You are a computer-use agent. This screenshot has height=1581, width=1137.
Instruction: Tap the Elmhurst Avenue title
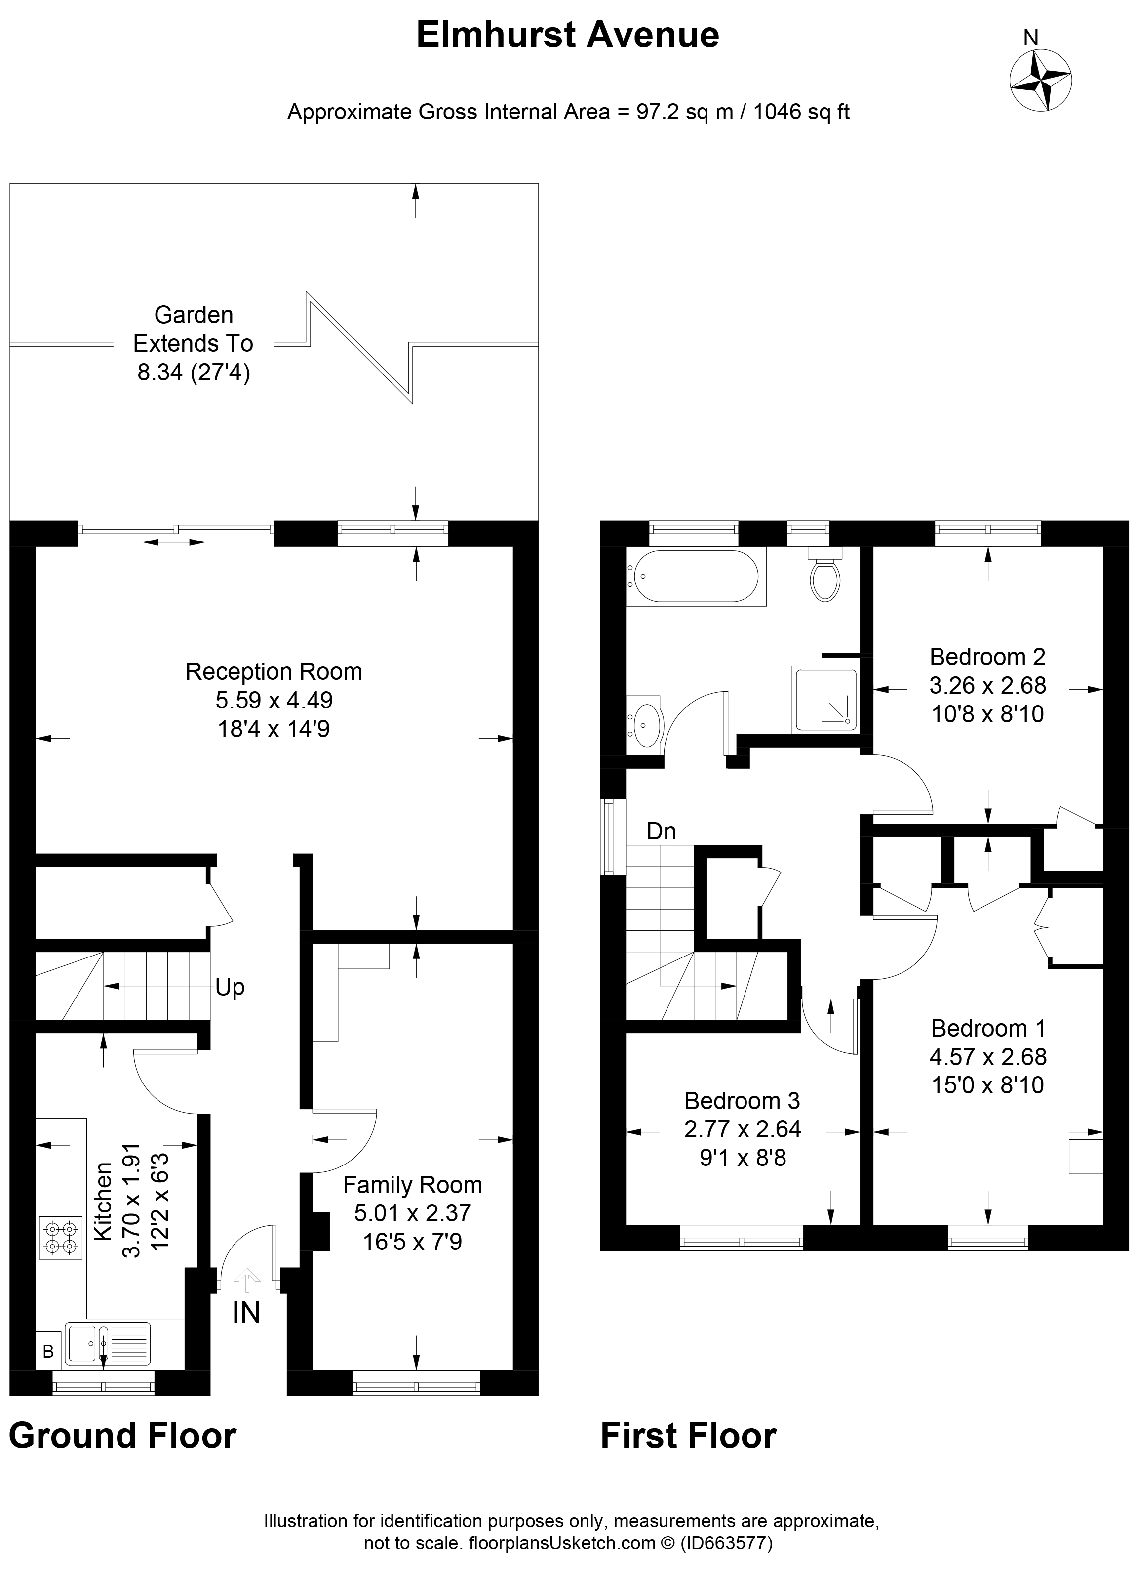pos(567,35)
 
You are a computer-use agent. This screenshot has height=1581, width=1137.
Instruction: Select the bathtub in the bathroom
pos(693,576)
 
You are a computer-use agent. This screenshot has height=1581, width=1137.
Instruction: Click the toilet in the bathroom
pos(825,578)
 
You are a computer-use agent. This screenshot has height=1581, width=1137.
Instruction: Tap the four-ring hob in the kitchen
pos(61,1237)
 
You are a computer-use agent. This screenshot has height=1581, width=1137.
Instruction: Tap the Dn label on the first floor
pos(661,831)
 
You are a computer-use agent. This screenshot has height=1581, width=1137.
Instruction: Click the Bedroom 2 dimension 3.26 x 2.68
pos(987,685)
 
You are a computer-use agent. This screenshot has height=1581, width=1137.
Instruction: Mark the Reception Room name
pos(274,671)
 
